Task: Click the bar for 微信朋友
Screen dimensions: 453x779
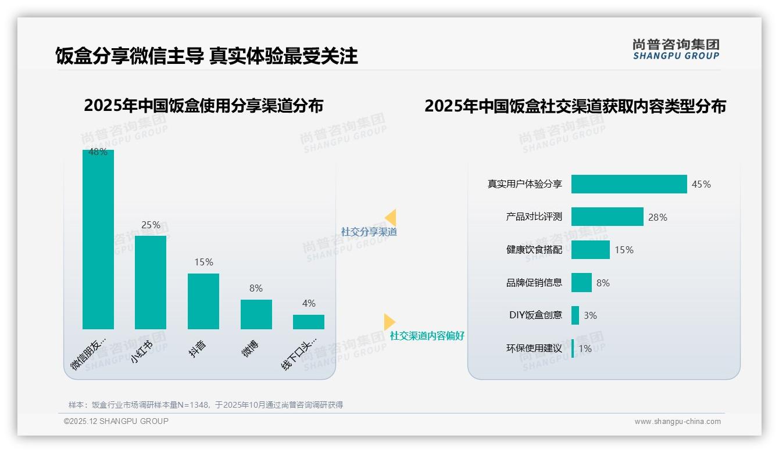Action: (x=98, y=239)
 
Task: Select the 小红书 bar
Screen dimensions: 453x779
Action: (x=151, y=282)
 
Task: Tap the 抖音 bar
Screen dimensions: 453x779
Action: (x=203, y=301)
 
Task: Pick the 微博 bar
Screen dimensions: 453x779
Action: (x=256, y=314)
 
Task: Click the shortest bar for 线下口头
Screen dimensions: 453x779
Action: (x=309, y=322)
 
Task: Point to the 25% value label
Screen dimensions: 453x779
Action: (x=151, y=225)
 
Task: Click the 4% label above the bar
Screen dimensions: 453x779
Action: (x=309, y=303)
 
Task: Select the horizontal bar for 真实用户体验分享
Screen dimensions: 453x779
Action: (x=629, y=184)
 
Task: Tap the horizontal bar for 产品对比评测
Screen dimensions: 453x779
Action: (x=607, y=217)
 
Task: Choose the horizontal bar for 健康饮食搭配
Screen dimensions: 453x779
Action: (x=590, y=250)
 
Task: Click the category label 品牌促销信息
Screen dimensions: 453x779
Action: (x=534, y=283)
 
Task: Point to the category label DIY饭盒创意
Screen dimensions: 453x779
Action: (x=536, y=315)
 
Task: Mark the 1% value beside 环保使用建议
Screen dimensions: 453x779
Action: (x=585, y=348)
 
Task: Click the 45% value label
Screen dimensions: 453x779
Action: (x=701, y=184)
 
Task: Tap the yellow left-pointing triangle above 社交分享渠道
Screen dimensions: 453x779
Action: (x=391, y=217)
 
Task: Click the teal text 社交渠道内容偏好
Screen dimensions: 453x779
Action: (x=427, y=336)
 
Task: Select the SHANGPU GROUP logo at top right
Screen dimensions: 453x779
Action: (x=676, y=49)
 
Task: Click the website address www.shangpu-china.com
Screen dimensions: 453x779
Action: (x=677, y=422)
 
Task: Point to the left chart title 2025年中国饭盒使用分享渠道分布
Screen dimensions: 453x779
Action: (x=203, y=106)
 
